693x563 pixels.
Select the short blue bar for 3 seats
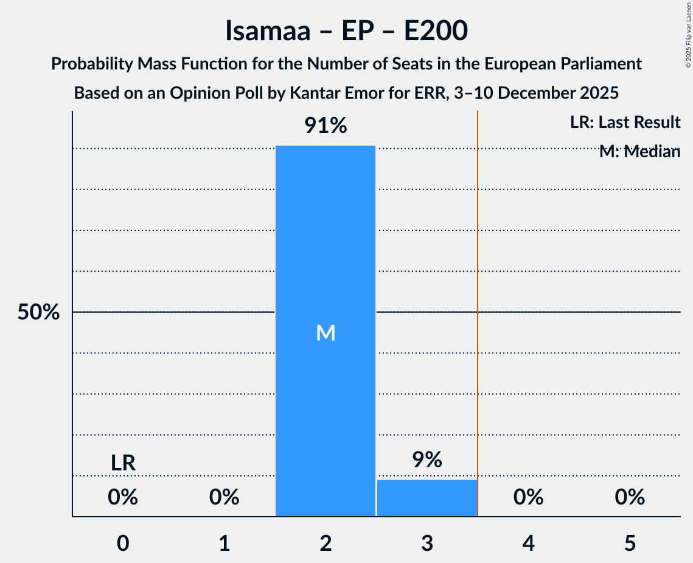(x=427, y=498)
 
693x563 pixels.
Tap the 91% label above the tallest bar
(x=326, y=126)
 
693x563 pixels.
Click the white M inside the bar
(x=326, y=333)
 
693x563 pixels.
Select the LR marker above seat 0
(x=123, y=463)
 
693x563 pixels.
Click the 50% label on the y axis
(x=38, y=313)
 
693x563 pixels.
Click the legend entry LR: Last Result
(x=625, y=122)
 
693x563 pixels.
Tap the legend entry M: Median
(x=639, y=152)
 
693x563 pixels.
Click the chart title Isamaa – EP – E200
(x=346, y=30)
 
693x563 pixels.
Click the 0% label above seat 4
(x=528, y=498)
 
